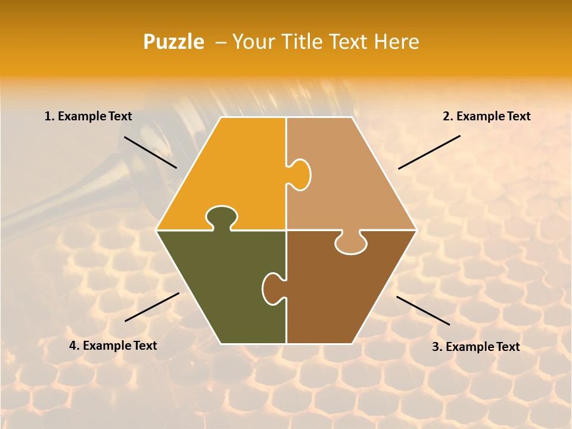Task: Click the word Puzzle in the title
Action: tap(173, 42)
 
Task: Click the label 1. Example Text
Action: tap(88, 117)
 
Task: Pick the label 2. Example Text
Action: tap(486, 117)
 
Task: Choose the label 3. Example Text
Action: tap(475, 347)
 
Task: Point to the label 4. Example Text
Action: tap(113, 346)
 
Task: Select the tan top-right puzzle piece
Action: tap(346, 179)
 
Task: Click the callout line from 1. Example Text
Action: tap(150, 152)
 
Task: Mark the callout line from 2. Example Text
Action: tap(429, 152)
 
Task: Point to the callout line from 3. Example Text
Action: tap(423, 310)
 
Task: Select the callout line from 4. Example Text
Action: tap(152, 307)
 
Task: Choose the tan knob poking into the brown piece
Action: tap(351, 243)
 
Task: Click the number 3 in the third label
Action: tap(436, 347)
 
